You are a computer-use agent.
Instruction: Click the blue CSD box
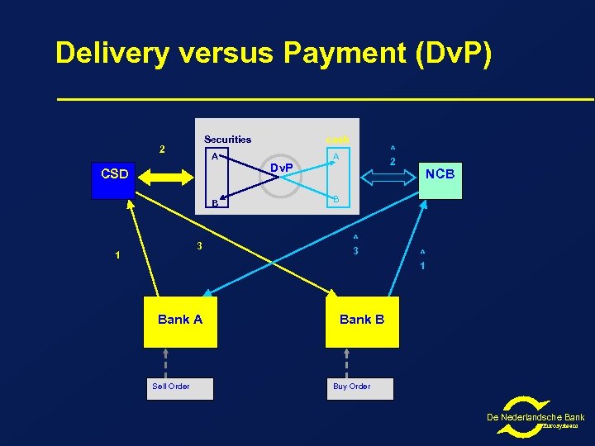(x=114, y=174)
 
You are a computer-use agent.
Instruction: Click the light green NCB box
(x=439, y=174)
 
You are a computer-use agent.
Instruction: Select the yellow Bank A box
(x=180, y=320)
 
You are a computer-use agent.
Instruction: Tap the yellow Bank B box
(x=362, y=320)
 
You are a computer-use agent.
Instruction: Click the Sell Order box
(x=179, y=387)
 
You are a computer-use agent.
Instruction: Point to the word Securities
(x=227, y=140)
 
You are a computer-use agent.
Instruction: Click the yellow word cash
(x=337, y=140)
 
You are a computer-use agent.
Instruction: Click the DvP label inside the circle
(x=283, y=168)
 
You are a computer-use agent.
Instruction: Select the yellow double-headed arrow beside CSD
(x=165, y=175)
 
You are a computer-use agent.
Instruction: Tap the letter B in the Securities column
(x=214, y=202)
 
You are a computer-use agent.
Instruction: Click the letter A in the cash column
(x=336, y=156)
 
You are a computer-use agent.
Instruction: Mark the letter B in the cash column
(x=336, y=199)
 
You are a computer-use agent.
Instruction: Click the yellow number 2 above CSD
(x=162, y=149)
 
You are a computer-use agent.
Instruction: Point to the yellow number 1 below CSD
(x=117, y=255)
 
